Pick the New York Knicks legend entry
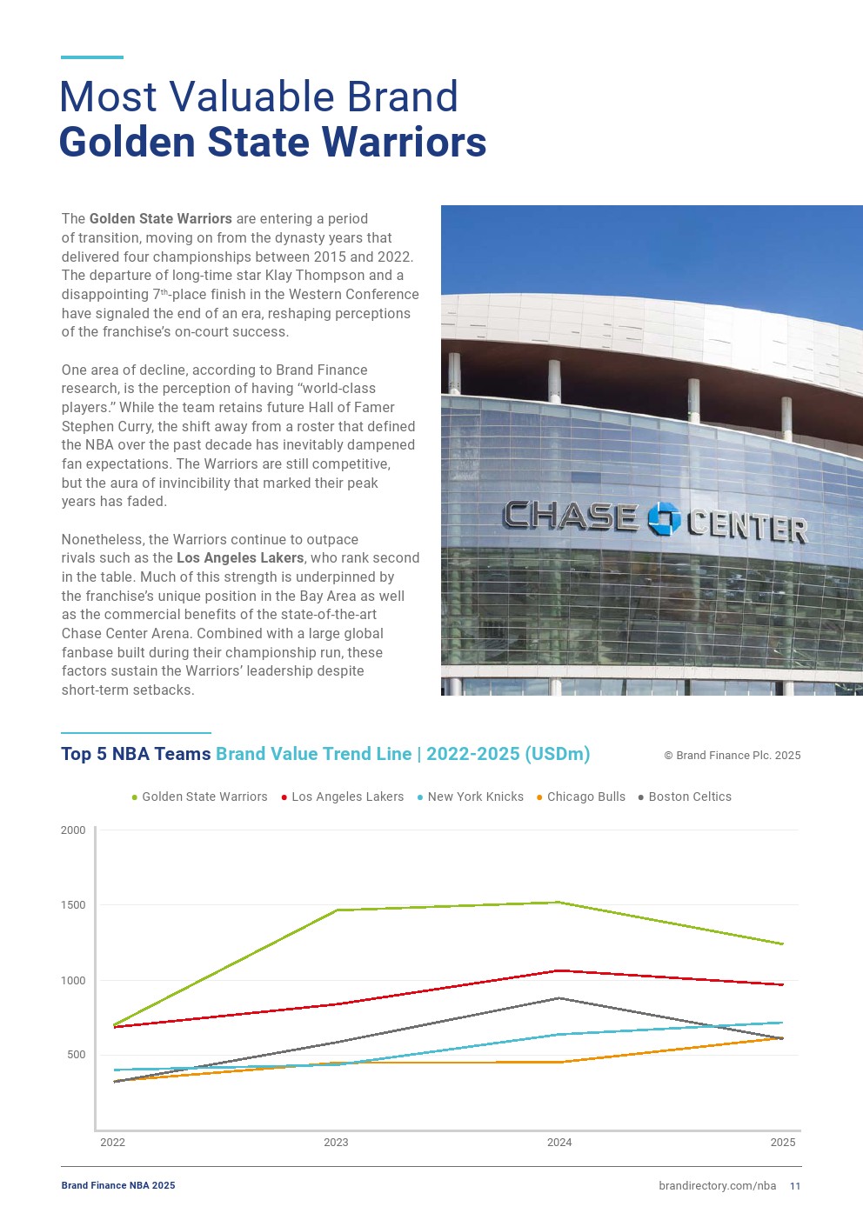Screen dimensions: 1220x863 point(475,797)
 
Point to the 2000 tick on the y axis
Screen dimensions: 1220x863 point(73,830)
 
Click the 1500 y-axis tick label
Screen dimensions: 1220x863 point(73,905)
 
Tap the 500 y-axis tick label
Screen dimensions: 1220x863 point(77,1055)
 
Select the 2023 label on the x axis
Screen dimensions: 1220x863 point(336,1143)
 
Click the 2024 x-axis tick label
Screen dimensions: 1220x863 point(559,1143)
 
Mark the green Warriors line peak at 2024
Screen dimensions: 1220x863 point(559,903)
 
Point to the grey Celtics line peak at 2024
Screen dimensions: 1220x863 point(559,998)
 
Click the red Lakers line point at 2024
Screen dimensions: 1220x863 point(559,970)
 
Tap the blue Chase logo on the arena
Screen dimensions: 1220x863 point(664,518)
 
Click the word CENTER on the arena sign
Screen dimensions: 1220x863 point(746,526)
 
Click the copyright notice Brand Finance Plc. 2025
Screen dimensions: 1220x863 point(732,756)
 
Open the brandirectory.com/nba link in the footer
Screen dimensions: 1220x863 point(717,1185)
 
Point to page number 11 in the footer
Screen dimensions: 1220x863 point(795,1186)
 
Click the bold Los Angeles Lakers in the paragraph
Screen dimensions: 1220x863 point(240,558)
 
